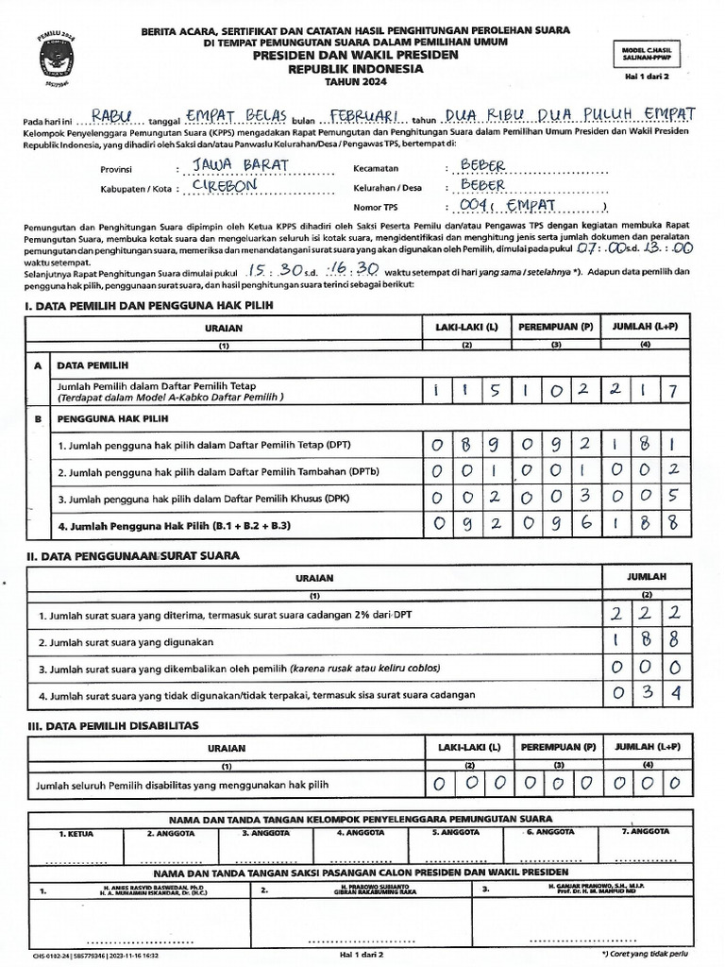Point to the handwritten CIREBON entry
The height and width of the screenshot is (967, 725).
(x=224, y=186)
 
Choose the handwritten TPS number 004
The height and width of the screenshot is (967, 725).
(x=472, y=205)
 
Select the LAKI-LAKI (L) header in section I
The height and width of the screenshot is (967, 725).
(x=465, y=327)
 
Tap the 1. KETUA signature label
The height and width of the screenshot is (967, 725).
(x=75, y=833)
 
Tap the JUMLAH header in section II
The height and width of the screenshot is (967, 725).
(x=648, y=575)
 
